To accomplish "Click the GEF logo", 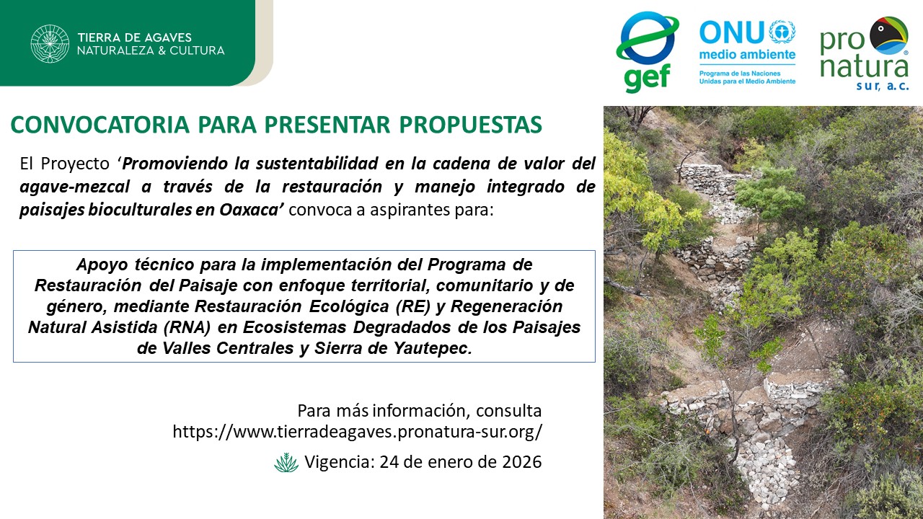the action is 647,52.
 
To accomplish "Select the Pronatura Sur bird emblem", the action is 889,36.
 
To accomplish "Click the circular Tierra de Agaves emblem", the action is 50,44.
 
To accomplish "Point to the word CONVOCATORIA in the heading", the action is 100,125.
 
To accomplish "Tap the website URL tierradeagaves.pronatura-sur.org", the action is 357,432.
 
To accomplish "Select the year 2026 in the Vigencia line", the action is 521,462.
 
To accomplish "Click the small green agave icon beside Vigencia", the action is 286,462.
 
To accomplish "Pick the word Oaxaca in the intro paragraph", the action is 249,210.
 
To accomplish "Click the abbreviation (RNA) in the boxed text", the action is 187,327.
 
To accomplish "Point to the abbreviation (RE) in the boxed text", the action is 413,306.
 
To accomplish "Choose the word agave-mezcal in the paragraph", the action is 74,187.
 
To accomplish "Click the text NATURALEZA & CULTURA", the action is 151,50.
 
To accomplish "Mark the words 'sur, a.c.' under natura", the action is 882,86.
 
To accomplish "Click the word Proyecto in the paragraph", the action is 75,164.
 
